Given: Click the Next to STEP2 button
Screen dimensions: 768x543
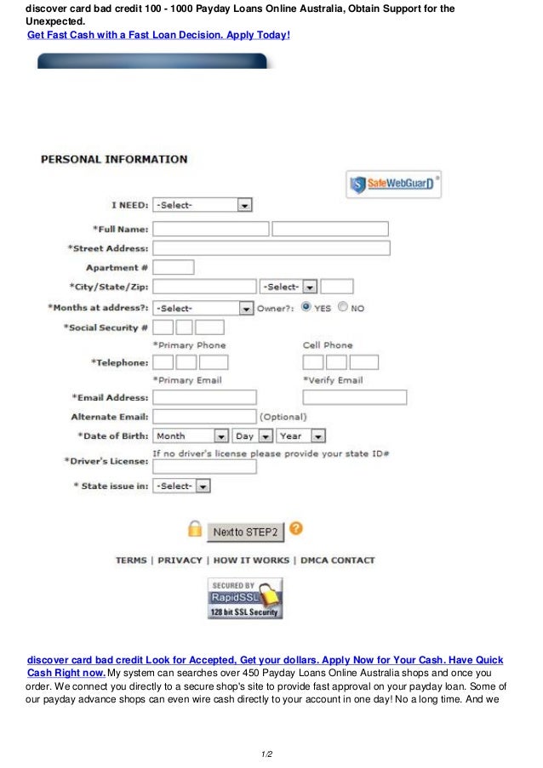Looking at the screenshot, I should [245, 532].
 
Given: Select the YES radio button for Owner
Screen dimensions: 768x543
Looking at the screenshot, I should [306, 308].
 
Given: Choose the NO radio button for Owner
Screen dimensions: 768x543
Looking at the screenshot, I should [343, 308].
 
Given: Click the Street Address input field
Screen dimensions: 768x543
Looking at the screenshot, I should [271, 248].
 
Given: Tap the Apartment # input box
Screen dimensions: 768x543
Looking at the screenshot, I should [173, 267].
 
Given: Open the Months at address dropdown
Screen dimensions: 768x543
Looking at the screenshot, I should [203, 308].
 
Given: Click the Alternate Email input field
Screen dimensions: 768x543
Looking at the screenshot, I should [204, 417].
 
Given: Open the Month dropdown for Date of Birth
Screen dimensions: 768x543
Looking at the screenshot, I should [191, 435].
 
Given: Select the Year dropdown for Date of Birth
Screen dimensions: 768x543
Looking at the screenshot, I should [301, 435].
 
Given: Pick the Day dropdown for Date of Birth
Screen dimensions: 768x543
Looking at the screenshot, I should [253, 435].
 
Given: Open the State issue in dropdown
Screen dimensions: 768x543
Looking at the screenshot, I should [181, 486].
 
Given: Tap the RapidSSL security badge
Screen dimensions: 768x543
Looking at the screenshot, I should [245, 598].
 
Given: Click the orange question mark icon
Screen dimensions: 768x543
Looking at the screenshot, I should [295, 528].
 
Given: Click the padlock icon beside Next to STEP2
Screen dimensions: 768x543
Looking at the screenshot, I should [195, 530].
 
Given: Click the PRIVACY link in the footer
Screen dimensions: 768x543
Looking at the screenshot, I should [180, 560].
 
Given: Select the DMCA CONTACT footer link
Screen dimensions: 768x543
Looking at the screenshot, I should [336, 560].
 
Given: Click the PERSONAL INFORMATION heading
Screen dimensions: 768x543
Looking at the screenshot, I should [114, 159].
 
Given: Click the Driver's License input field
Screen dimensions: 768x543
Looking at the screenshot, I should [204, 466].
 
